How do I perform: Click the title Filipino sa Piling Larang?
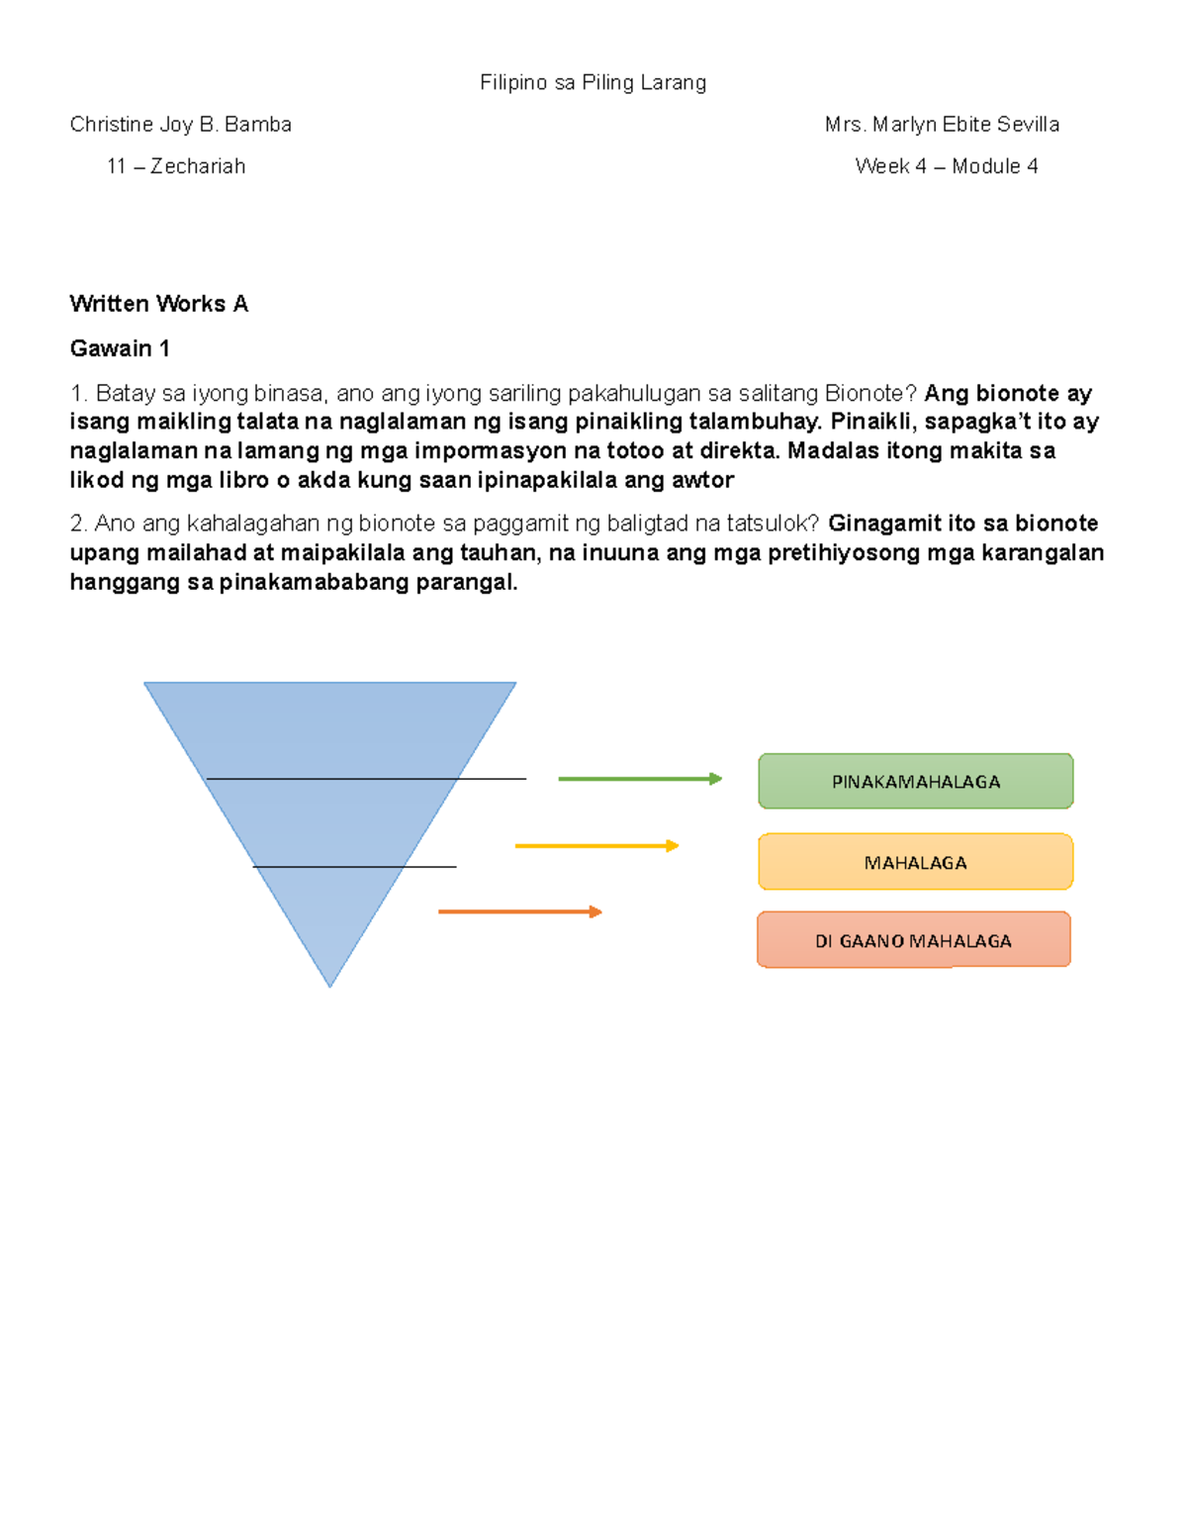coord(593,83)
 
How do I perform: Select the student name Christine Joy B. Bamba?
coord(180,125)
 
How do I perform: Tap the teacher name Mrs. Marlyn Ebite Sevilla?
coord(942,125)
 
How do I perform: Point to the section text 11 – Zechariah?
coord(176,166)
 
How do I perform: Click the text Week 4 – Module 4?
coord(946,166)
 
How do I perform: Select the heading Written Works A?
coord(158,304)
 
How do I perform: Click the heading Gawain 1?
coord(120,348)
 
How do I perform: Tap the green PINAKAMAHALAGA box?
coord(915,782)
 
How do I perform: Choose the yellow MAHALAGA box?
coord(915,862)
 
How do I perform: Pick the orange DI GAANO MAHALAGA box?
coord(913,940)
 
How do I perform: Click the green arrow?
coord(639,779)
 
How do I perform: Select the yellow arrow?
coord(596,846)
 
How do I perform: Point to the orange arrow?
coord(519,912)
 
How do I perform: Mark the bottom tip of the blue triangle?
coord(330,984)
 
